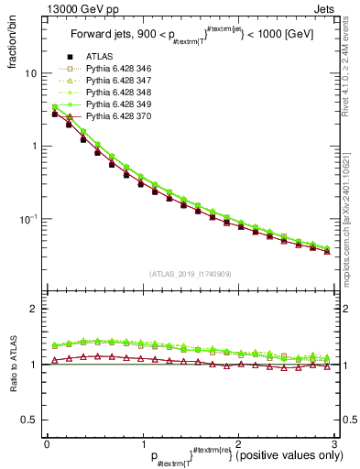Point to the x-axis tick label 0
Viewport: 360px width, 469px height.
47,443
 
